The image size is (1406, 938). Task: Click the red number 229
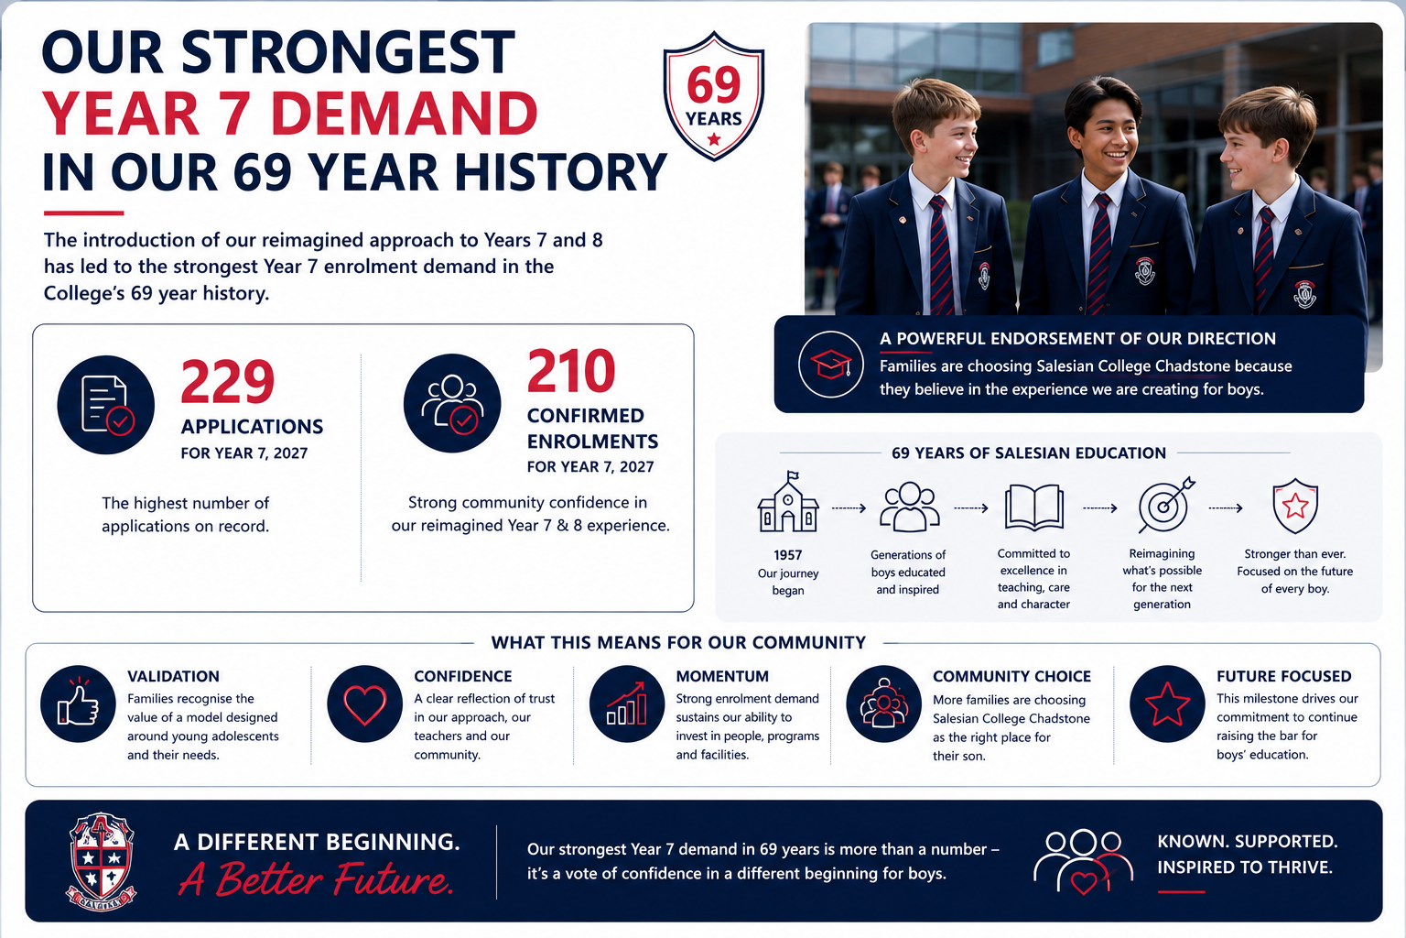[x=228, y=381]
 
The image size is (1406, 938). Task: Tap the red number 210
[x=571, y=371]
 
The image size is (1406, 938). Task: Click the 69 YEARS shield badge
[x=714, y=95]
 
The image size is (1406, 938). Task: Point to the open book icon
[x=1033, y=507]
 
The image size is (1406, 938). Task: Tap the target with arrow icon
[x=1166, y=505]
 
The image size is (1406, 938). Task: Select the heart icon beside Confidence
[x=364, y=703]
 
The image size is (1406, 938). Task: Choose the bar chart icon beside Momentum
[x=626, y=703]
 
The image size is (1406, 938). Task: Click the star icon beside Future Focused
[x=1167, y=703]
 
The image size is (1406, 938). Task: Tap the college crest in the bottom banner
[x=101, y=861]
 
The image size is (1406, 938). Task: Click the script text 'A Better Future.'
[x=315, y=879]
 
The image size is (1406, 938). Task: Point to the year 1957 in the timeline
[x=788, y=555]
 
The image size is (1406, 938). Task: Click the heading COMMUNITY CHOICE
[x=1011, y=676]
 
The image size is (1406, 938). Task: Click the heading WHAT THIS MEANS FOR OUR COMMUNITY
[x=678, y=642]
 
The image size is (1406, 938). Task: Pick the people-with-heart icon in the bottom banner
[x=1083, y=861]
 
